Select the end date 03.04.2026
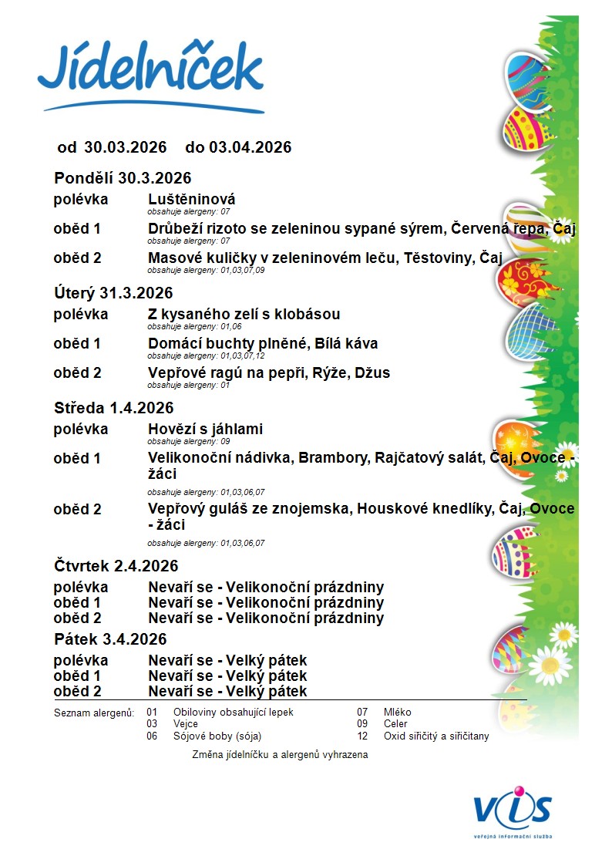(x=250, y=147)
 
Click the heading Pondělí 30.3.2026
(x=123, y=179)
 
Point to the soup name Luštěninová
(x=191, y=200)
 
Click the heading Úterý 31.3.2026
(x=113, y=293)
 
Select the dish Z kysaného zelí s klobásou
(x=244, y=315)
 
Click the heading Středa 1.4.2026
(x=114, y=408)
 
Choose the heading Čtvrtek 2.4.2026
(x=116, y=566)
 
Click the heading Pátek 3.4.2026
(x=110, y=640)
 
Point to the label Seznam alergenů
(x=94, y=713)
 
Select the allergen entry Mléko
(x=397, y=713)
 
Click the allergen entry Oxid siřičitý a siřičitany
(x=436, y=736)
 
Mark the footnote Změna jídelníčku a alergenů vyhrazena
(x=280, y=756)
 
